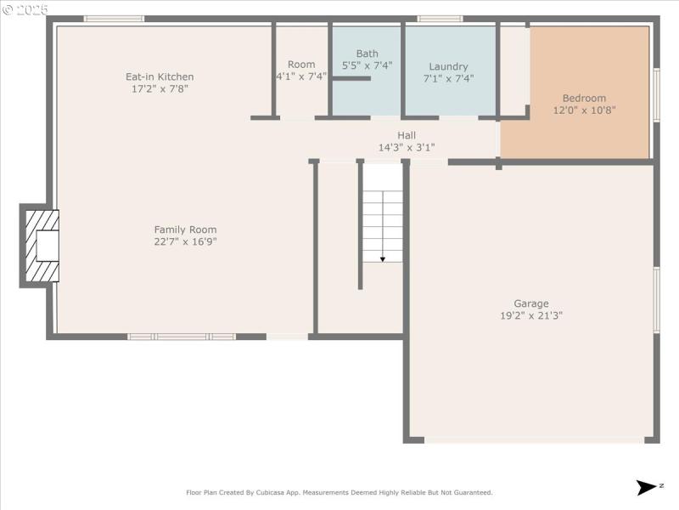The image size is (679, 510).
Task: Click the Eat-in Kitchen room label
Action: tap(160, 76)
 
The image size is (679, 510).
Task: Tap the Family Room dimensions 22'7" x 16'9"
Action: tap(185, 241)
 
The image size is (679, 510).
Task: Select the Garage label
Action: tap(531, 303)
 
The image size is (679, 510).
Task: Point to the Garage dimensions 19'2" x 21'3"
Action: tap(531, 315)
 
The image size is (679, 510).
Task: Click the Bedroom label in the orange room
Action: tap(585, 98)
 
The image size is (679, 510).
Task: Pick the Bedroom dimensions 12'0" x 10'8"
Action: tap(585, 110)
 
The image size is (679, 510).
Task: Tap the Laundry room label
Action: tap(448, 66)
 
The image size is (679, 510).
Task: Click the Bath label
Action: tap(368, 54)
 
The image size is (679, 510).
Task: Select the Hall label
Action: tap(407, 135)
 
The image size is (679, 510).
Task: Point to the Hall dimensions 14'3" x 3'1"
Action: tap(407, 147)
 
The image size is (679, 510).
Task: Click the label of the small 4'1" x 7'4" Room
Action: tap(301, 65)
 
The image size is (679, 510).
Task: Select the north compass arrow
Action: tap(647, 487)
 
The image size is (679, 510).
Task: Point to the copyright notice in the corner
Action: tap(25, 9)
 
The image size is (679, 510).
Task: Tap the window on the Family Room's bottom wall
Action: tap(182, 337)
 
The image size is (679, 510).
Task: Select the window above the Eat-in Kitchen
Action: tap(114, 19)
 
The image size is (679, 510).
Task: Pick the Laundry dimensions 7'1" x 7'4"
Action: tap(448, 78)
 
